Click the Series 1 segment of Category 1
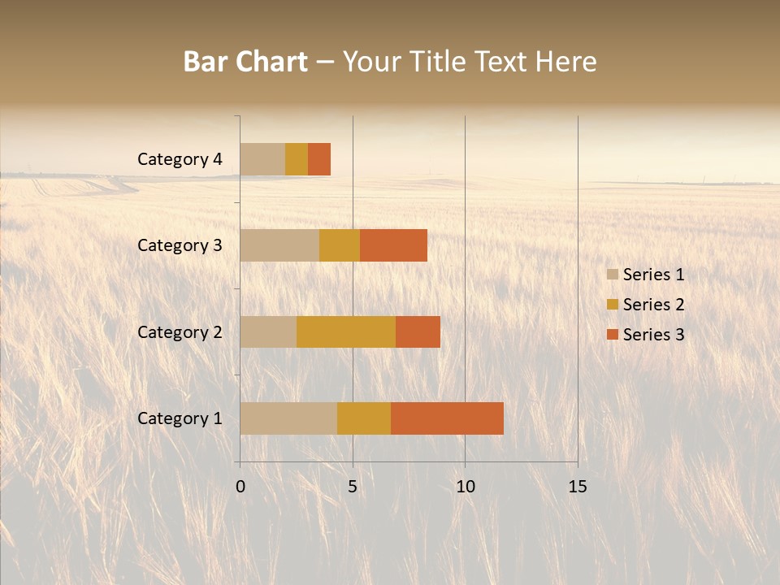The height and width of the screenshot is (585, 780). point(288,418)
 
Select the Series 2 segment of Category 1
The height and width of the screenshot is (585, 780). point(364,418)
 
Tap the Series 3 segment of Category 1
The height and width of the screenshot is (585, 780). point(447,418)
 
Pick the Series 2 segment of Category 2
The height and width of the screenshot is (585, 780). point(346,331)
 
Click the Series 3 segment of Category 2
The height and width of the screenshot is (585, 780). point(418,331)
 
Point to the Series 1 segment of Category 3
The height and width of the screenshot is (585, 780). point(279,245)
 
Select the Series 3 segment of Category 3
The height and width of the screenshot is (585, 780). point(393,245)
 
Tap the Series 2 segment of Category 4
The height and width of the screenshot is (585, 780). point(297,159)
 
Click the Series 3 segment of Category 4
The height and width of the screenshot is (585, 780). point(319,159)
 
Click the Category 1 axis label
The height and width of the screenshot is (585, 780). point(180,418)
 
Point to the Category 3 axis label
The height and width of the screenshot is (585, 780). point(180,245)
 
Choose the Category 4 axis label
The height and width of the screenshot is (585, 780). point(180,159)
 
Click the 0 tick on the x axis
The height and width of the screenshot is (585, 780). point(240,487)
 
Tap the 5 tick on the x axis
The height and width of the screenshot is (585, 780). point(353,487)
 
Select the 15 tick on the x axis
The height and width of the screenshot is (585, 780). point(577,487)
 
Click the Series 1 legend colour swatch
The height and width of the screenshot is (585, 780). point(613,275)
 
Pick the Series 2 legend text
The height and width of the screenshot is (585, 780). point(653,305)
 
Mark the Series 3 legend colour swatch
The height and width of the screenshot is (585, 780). point(613,335)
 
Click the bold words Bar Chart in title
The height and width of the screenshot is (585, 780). point(245,62)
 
